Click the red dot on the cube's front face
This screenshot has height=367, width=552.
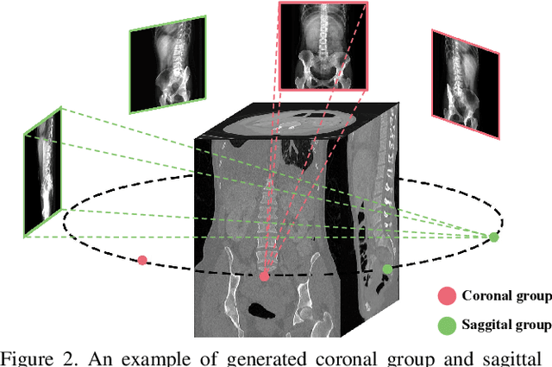[x=265, y=276]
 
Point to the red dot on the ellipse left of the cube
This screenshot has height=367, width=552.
[x=142, y=259]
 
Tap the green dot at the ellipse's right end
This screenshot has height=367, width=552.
[x=493, y=237]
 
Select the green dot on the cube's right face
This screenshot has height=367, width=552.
[x=387, y=269]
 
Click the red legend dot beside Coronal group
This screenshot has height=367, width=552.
[x=447, y=296]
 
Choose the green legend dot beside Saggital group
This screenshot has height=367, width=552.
[x=447, y=326]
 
